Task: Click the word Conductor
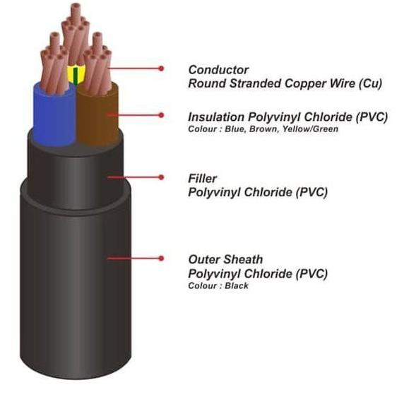coord(218,70)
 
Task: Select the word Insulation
coord(216,117)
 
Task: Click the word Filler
coord(203,179)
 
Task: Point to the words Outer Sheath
coord(226,259)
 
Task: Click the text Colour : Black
coord(218,286)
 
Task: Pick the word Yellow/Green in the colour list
coord(310,129)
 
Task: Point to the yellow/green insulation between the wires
coord(76,75)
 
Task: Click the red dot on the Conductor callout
coord(161,69)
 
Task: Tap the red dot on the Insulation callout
coord(161,115)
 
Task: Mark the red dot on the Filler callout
coord(161,177)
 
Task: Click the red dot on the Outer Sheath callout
coord(161,259)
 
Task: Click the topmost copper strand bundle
coord(76,33)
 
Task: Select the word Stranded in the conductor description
coord(256,83)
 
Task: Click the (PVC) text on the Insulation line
coord(372,117)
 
